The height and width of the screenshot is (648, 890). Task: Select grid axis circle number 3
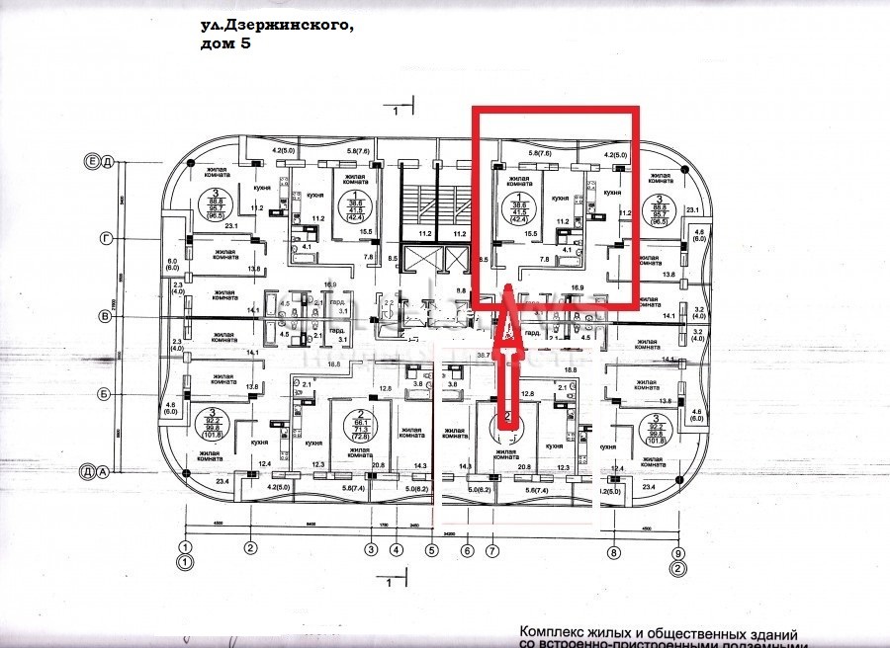pos(372,549)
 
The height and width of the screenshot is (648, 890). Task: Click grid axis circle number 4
pos(396,549)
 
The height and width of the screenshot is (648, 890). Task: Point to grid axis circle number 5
pos(431,549)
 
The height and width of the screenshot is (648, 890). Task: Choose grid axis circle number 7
pos(491,549)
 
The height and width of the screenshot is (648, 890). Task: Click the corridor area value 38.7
pos(485,354)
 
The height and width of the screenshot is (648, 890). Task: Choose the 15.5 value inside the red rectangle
pos(530,233)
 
